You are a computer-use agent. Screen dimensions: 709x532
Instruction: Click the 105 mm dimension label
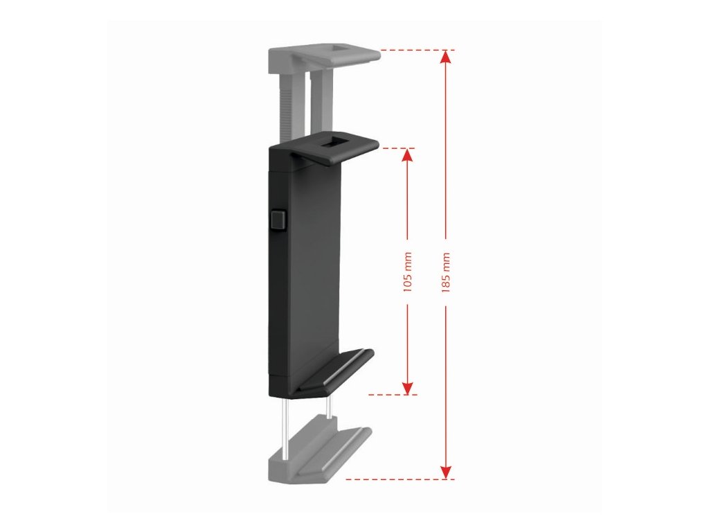407,272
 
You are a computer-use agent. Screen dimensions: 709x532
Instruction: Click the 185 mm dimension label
446,272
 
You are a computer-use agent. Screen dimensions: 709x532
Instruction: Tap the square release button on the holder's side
278,220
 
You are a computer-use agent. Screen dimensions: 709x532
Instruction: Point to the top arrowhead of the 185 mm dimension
446,57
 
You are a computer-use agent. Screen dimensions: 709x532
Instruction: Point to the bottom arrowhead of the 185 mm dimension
446,471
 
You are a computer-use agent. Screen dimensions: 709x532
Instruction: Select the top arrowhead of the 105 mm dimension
407,155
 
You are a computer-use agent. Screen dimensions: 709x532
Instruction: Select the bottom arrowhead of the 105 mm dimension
407,388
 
